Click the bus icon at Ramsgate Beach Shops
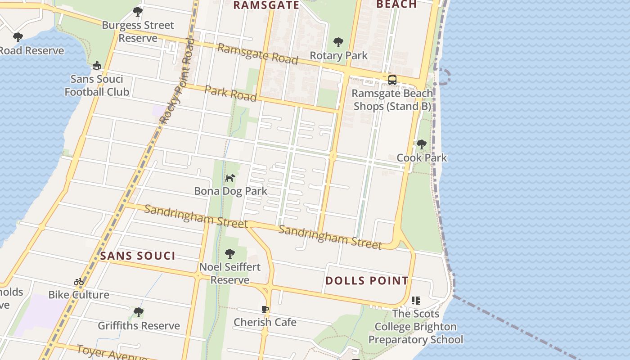coord(392,80)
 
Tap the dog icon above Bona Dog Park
coord(230,178)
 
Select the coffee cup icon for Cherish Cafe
coord(265,309)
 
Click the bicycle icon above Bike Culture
coord(79,282)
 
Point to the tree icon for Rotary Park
coord(338,43)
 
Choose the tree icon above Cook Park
coord(422,144)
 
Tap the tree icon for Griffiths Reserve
coord(139,312)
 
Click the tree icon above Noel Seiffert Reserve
coord(230,254)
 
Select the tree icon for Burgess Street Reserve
coord(138,12)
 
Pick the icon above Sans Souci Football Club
coord(96,66)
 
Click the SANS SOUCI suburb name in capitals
coord(138,256)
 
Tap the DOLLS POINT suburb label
coord(367,281)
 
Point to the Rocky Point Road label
coord(177,81)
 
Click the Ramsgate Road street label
coord(257,54)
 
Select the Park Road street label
coord(230,93)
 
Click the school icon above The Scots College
coord(416,300)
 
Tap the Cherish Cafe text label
coord(265,322)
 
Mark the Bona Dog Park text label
coord(230,191)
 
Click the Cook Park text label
coord(422,157)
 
